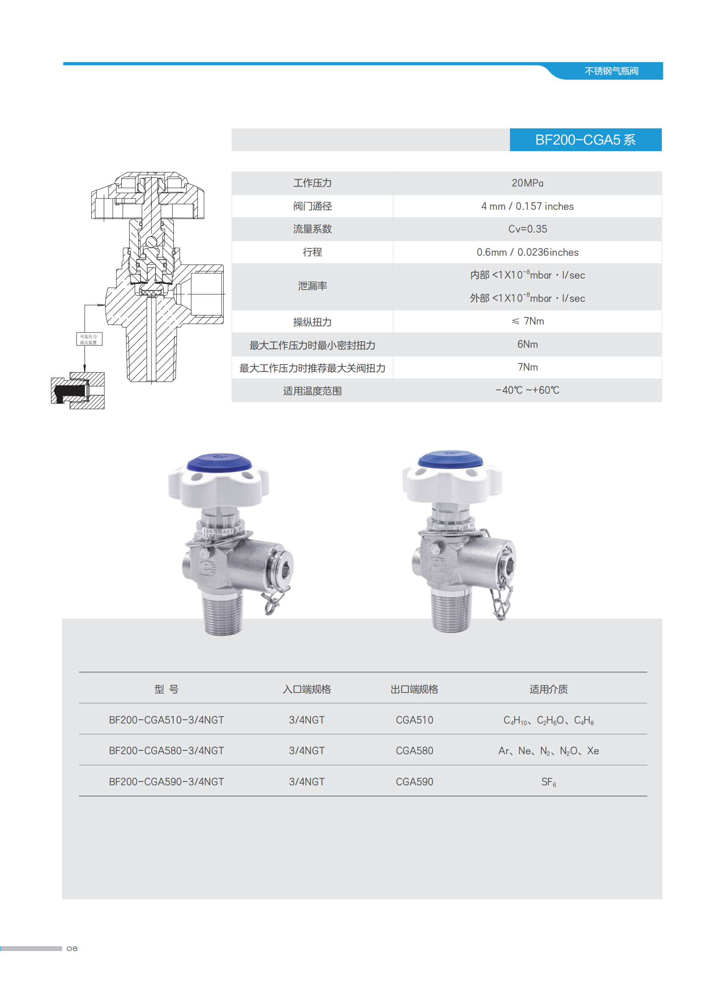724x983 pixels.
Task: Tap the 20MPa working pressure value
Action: pyautogui.click(x=527, y=183)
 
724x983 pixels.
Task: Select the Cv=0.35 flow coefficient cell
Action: pyautogui.click(x=527, y=229)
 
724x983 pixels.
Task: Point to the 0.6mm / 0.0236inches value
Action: pyautogui.click(x=527, y=252)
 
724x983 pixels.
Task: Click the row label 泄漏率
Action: pyautogui.click(x=312, y=286)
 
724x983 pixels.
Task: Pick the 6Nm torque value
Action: pyautogui.click(x=527, y=344)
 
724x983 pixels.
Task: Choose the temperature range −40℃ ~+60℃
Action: pyautogui.click(x=527, y=390)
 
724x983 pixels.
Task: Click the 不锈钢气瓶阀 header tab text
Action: pyautogui.click(x=611, y=71)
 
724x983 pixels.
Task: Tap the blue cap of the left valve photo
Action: pyautogui.click(x=219, y=463)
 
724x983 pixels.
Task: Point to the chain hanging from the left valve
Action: pyautogui.click(x=275, y=600)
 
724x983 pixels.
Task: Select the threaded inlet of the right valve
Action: pyautogui.click(x=451, y=610)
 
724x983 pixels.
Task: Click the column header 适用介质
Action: pyautogui.click(x=548, y=689)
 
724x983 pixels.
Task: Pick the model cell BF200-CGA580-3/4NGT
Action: pyautogui.click(x=166, y=750)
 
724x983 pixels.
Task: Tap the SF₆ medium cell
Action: pyautogui.click(x=548, y=781)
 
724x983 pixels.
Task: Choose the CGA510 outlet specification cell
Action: pyautogui.click(x=414, y=720)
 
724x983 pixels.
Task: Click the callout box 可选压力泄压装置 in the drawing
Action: pyautogui.click(x=89, y=339)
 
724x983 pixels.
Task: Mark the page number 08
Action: pyautogui.click(x=72, y=948)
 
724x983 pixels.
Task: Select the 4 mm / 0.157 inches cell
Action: pyautogui.click(x=527, y=206)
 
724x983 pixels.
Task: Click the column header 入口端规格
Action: pyautogui.click(x=306, y=689)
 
